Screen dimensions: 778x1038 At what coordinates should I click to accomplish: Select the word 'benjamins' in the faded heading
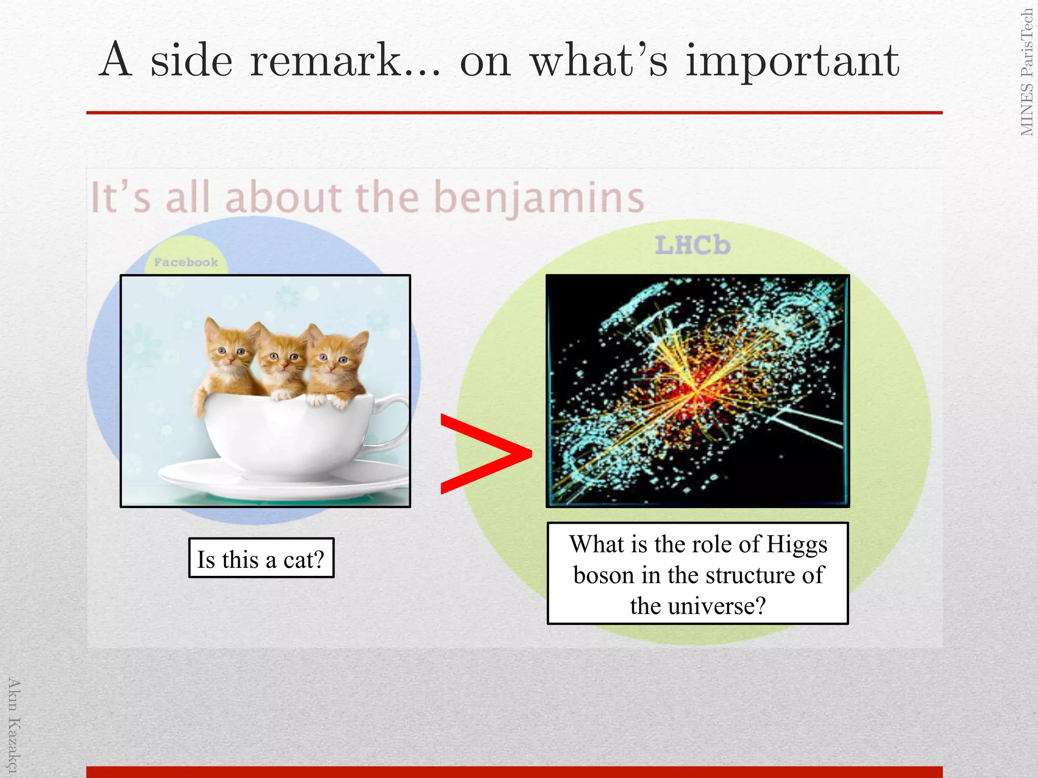click(x=539, y=198)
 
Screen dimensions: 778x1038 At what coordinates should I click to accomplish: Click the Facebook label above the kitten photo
click(x=186, y=262)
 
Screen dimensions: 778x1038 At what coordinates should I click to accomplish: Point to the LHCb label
click(x=692, y=246)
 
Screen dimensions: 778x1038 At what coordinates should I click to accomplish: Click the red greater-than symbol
click(x=484, y=454)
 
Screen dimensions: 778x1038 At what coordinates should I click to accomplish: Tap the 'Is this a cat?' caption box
click(x=261, y=558)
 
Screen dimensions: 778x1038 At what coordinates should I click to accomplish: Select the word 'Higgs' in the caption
click(x=797, y=544)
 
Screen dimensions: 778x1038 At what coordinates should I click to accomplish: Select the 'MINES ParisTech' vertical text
click(x=1027, y=72)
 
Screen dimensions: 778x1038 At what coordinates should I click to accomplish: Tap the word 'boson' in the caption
click(x=603, y=575)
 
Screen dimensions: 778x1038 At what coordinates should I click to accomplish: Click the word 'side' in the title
click(x=191, y=61)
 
